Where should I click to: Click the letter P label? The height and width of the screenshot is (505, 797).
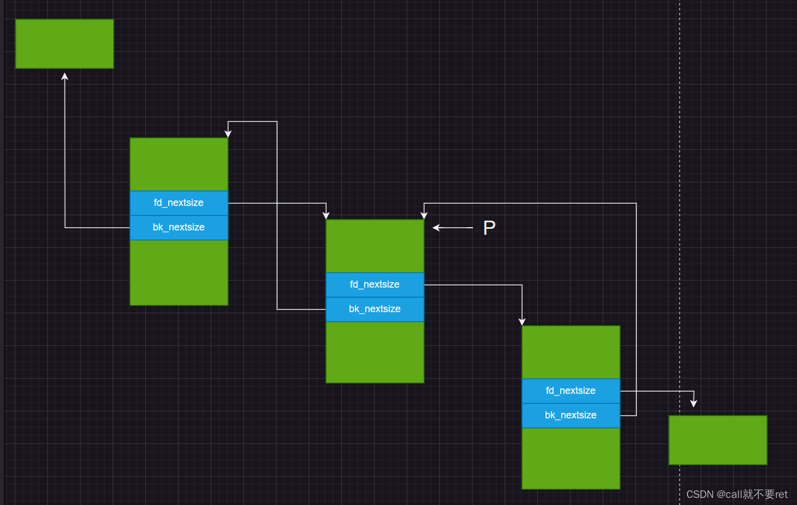tap(489, 228)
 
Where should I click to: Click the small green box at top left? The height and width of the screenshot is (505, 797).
tap(64, 44)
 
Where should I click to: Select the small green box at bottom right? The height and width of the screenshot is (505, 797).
tap(718, 440)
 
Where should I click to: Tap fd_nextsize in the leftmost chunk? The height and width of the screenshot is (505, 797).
tap(179, 203)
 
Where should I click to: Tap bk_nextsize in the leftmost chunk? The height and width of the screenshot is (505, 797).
tap(179, 227)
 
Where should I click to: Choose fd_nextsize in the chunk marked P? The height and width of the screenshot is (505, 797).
tap(375, 284)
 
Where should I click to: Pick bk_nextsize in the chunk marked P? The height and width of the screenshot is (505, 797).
tap(375, 309)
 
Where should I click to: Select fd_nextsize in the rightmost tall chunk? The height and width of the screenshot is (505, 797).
tap(571, 391)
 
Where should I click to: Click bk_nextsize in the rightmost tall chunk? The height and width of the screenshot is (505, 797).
tap(571, 415)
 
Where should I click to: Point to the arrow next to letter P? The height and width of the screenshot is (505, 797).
tap(452, 228)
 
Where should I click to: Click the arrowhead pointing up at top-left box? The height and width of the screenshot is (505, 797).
tap(65, 77)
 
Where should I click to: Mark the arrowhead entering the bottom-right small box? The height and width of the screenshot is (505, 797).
tap(694, 403)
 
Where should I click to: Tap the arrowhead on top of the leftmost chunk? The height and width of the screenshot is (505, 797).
tap(228, 133)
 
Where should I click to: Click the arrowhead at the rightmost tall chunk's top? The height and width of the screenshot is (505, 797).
tap(522, 321)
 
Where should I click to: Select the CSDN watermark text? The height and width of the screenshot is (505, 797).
tap(737, 494)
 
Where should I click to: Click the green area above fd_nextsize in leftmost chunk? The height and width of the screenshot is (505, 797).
tap(179, 163)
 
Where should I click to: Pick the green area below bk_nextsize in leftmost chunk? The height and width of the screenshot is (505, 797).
tap(179, 272)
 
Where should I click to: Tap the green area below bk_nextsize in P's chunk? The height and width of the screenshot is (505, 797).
tap(375, 352)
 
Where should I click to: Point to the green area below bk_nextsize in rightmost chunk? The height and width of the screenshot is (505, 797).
tap(571, 458)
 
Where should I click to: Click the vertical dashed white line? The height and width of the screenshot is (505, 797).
tap(679, 218)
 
